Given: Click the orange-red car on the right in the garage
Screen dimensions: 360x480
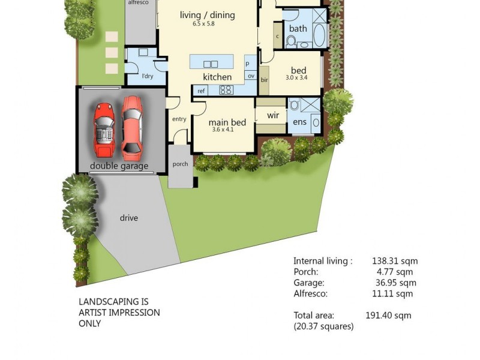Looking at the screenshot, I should (132, 127).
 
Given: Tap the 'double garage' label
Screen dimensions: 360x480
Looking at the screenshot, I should (119, 166).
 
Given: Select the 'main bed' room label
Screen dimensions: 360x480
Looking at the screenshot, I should (227, 123).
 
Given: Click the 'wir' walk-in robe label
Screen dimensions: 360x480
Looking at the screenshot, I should (273, 115).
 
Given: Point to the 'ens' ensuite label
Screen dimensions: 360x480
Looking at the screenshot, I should (299, 122).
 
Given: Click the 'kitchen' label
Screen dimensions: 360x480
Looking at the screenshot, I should (217, 77).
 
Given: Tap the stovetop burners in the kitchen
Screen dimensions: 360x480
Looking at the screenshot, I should (226, 90).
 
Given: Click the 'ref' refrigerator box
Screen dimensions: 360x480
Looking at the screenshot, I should (202, 91).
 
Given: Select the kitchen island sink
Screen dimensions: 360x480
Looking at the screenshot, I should (211, 64).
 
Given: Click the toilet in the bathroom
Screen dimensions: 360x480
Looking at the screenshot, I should (292, 41).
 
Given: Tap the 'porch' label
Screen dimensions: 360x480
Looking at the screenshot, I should (180, 164).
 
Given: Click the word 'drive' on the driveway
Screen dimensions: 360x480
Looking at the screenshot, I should (128, 218).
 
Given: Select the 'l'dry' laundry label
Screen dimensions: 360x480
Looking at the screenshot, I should (148, 76).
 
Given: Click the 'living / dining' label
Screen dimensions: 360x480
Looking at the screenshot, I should (207, 15).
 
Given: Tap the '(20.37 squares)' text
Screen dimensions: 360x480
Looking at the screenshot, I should (323, 326).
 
